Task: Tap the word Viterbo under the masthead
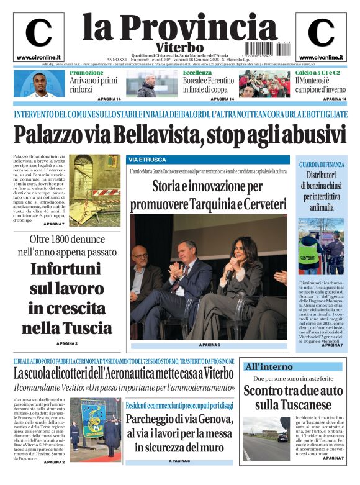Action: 180,48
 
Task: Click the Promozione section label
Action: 86,73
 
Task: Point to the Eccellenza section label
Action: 197,73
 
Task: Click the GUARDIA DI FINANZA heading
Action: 321,164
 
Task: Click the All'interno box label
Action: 268,366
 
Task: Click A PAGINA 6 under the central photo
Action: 209,345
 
